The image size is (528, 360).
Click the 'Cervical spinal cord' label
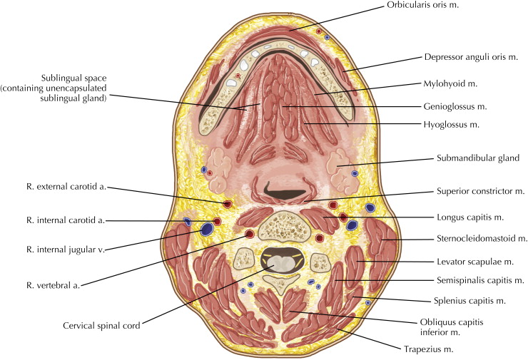[x=99, y=329]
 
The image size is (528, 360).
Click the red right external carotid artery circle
[x=228, y=205]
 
